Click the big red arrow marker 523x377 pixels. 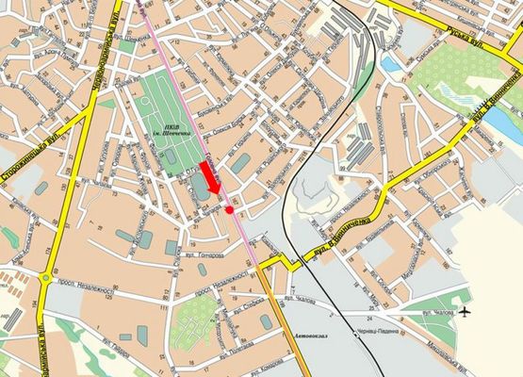[x=211, y=178]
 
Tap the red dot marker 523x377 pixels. [x=230, y=210]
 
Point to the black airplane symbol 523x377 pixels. [x=466, y=311]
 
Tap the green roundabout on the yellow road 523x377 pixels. [x=46, y=277]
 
